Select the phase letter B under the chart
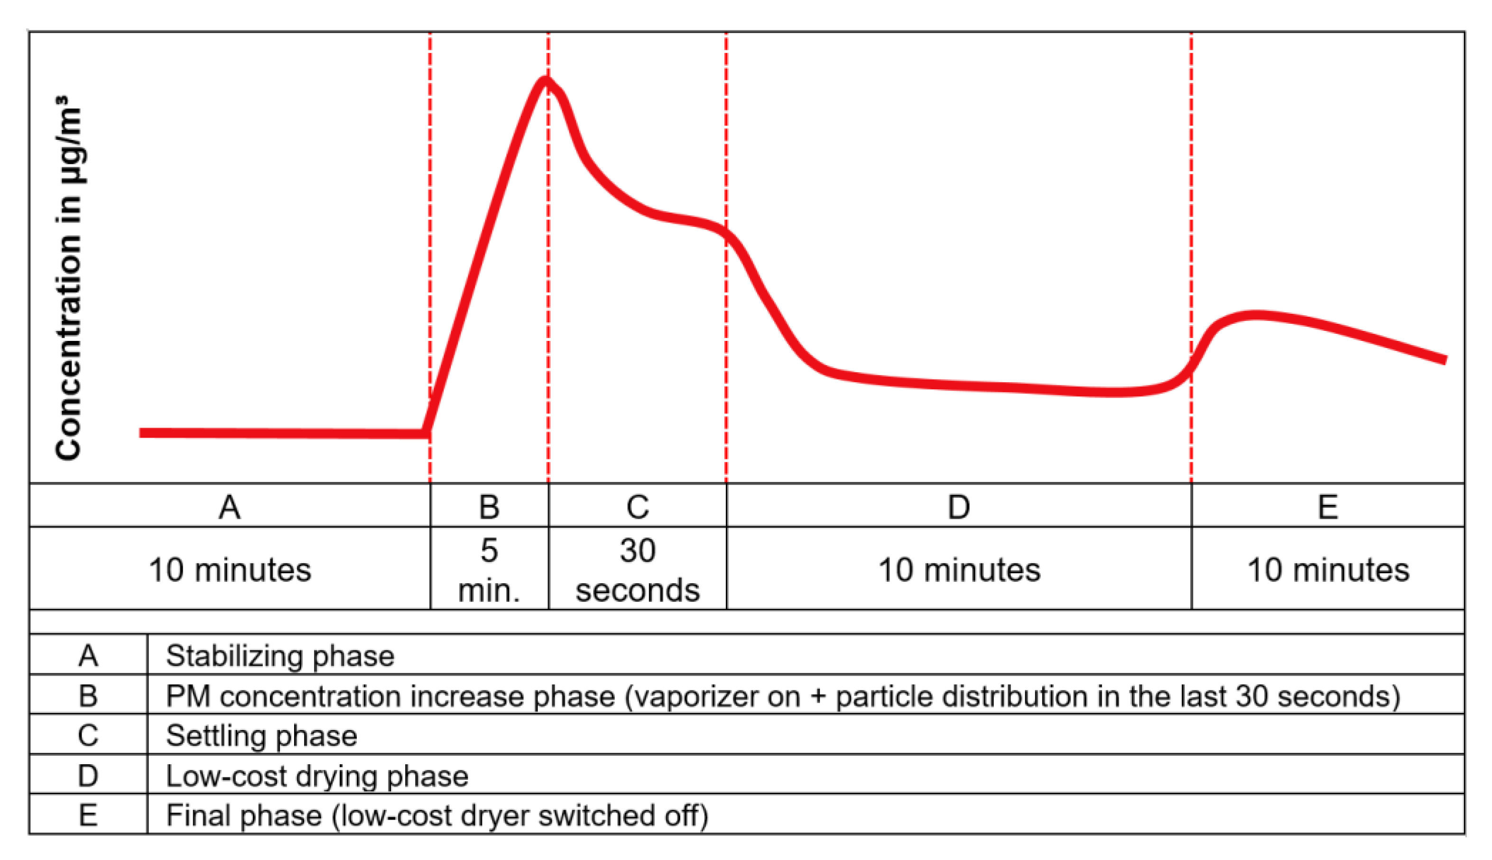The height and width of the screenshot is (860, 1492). tap(489, 507)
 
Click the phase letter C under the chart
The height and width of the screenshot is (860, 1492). tap(638, 507)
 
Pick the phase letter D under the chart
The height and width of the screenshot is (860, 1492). tap(958, 507)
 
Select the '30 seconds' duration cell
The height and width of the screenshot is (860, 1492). tap(638, 570)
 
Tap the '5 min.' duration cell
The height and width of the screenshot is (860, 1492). tap(489, 570)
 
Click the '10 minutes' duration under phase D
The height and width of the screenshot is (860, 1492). tap(958, 570)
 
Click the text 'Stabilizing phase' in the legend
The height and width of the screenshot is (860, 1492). tap(280, 656)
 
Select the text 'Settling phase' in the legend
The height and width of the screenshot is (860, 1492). tap(261, 736)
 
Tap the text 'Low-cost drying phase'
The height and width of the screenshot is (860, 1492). tap(317, 776)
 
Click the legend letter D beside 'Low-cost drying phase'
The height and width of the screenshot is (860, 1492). tap(88, 776)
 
